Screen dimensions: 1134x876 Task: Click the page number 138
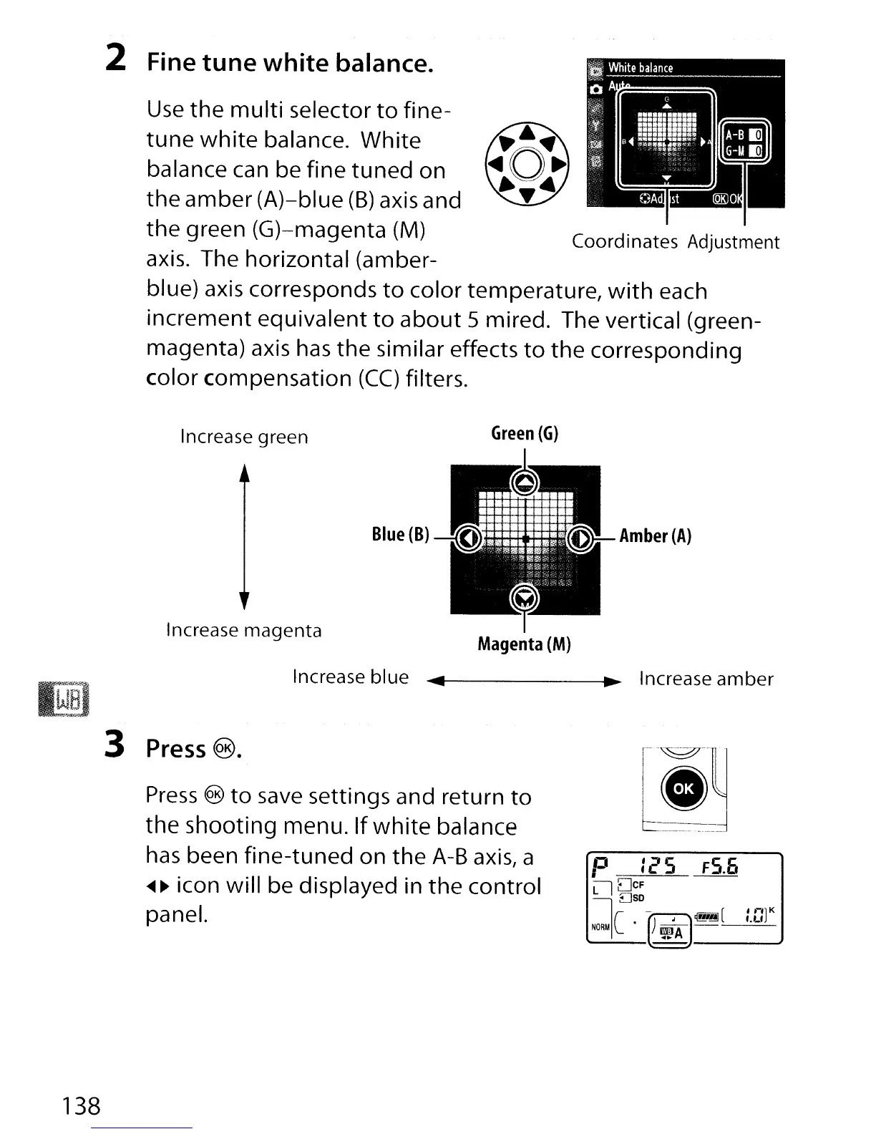(81, 1106)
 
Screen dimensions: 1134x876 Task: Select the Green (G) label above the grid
(525, 433)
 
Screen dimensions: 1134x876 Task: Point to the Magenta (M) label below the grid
(524, 644)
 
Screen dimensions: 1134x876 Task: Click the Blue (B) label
(400, 535)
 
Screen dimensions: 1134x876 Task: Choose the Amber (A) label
(656, 536)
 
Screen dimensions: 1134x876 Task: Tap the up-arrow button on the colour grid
(525, 481)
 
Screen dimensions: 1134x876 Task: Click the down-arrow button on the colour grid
(525, 598)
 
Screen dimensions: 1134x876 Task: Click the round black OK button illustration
(683, 788)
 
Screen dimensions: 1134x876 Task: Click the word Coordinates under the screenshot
(624, 241)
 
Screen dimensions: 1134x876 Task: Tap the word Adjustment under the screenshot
(734, 242)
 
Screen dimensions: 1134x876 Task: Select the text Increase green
(244, 437)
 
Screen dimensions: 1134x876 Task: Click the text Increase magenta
(243, 631)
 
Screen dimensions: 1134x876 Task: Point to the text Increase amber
(706, 679)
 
